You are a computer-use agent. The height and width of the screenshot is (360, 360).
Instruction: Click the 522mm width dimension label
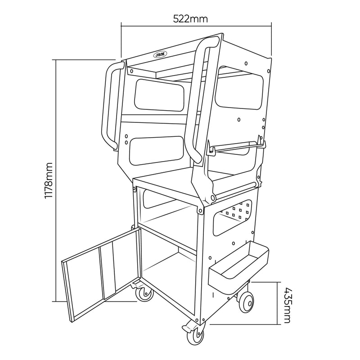(x=190, y=19)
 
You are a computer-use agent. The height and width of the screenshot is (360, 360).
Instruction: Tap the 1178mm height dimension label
(x=49, y=180)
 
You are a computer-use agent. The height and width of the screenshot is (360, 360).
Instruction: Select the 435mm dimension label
(x=287, y=305)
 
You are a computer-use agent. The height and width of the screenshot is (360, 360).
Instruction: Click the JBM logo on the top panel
(x=161, y=55)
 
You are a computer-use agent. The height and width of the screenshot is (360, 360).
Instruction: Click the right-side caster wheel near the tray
(x=247, y=302)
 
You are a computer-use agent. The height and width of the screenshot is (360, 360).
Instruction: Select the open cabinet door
(x=101, y=275)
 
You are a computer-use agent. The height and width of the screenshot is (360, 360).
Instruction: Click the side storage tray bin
(x=238, y=268)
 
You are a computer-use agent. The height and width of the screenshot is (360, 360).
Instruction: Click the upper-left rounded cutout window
(x=159, y=95)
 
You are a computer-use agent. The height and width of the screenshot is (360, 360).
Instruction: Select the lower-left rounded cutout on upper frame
(x=157, y=151)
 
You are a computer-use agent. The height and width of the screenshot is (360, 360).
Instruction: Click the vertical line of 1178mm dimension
(x=56, y=180)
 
